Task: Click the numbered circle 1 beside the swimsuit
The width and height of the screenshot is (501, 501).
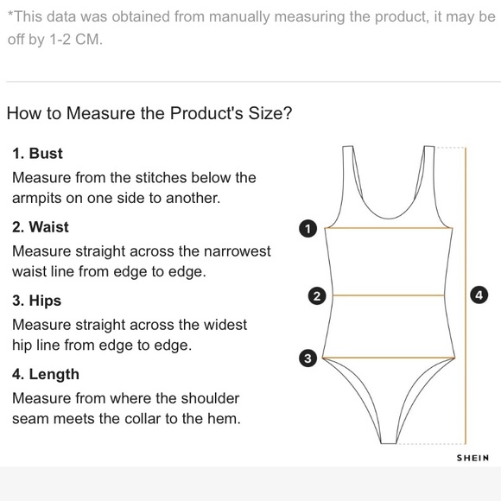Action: pyautogui.click(x=308, y=229)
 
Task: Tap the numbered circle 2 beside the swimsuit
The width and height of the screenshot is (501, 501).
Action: pyautogui.click(x=317, y=296)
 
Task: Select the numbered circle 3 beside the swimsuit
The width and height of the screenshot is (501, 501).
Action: pyautogui.click(x=308, y=358)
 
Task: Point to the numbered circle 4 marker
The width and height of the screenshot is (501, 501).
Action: pyautogui.click(x=479, y=295)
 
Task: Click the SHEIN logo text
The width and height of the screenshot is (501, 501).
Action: pyautogui.click(x=472, y=458)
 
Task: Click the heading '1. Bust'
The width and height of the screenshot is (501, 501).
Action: pyautogui.click(x=37, y=154)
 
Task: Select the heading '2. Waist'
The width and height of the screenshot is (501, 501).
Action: pyautogui.click(x=41, y=227)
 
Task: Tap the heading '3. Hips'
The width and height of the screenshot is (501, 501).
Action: pyautogui.click(x=37, y=301)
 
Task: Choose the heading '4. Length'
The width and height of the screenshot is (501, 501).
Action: pyautogui.click(x=46, y=375)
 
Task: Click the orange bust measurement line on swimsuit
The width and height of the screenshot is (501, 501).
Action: pyautogui.click(x=389, y=228)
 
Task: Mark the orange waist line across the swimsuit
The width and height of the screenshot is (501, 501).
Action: pyautogui.click(x=389, y=295)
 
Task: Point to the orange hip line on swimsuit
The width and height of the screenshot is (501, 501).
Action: pyautogui.click(x=389, y=358)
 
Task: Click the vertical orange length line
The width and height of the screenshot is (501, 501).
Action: pyautogui.click(x=466, y=295)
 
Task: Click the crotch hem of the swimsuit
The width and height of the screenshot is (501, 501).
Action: pyautogui.click(x=389, y=443)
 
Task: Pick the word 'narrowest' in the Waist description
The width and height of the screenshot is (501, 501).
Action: pyautogui.click(x=237, y=251)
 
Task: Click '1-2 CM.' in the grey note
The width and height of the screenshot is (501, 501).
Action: pyautogui.click(x=76, y=40)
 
